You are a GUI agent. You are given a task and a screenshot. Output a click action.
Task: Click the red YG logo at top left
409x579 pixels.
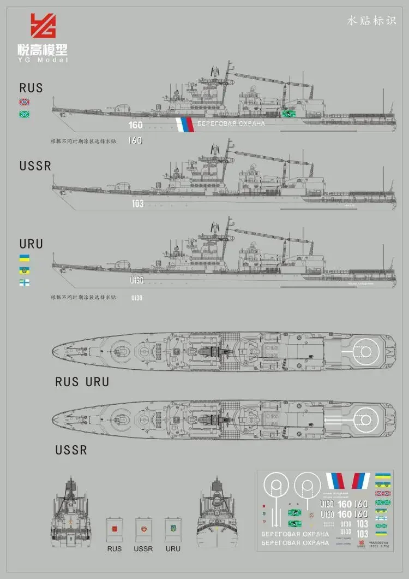(x=43, y=26)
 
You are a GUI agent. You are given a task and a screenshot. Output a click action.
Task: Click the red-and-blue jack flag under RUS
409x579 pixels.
(x=25, y=102)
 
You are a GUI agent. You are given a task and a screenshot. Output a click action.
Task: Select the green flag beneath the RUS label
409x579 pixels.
(x=25, y=114)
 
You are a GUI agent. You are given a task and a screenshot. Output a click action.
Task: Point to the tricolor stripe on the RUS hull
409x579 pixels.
(x=185, y=125)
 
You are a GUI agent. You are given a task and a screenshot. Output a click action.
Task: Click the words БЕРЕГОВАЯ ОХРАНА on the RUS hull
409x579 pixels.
(x=231, y=123)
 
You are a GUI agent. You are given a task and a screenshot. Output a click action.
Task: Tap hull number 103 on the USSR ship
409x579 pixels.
(x=137, y=204)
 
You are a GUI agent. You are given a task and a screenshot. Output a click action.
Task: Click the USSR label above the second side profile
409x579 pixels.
(x=35, y=165)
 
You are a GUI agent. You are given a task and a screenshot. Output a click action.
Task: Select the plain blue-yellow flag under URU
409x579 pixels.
(x=25, y=257)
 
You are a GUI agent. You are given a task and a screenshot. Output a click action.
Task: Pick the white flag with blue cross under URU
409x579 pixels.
(x=25, y=282)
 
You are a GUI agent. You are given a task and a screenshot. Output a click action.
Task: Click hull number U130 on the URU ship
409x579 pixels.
(x=137, y=280)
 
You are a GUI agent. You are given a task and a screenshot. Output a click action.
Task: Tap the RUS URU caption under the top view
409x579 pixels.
(x=82, y=382)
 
